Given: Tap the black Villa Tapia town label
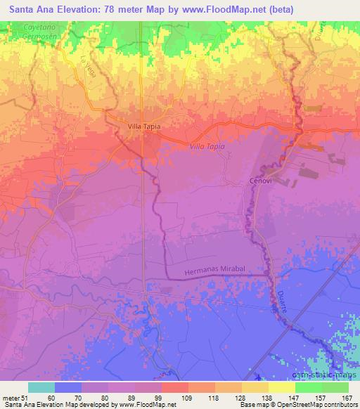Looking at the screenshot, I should click(145, 126).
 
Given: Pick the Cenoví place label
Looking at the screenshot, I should click(260, 181).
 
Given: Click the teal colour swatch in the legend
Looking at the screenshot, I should click(41, 387).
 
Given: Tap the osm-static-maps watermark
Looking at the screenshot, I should click(330, 361).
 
